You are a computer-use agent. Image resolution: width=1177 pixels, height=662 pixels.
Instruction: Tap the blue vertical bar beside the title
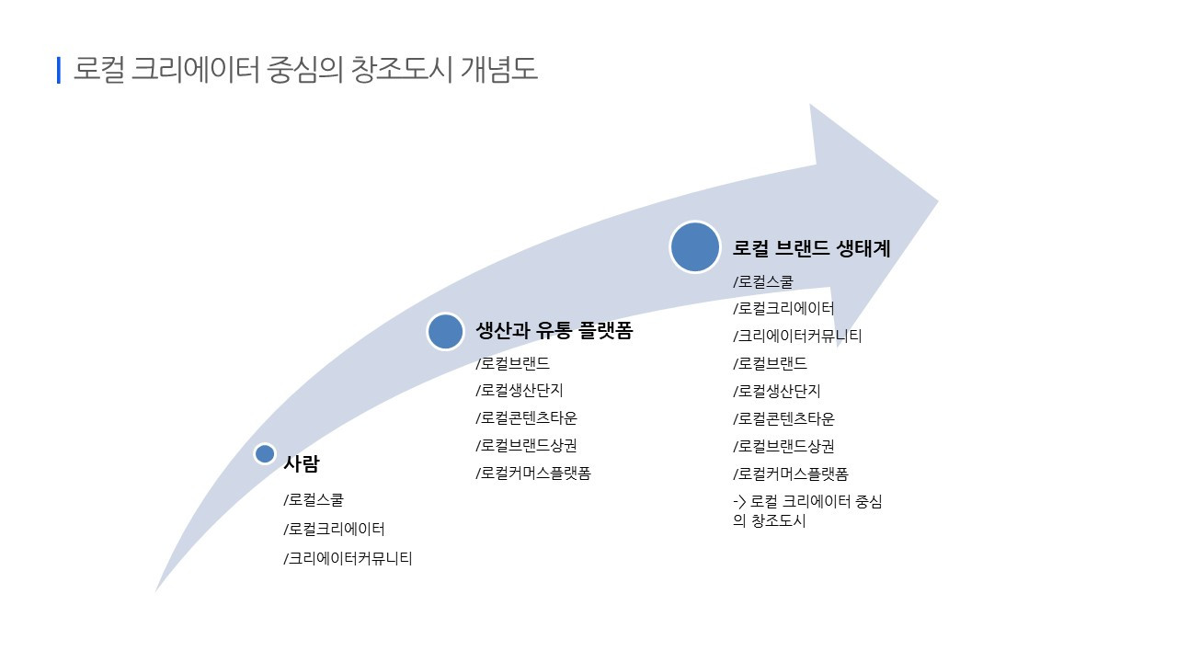click(59, 70)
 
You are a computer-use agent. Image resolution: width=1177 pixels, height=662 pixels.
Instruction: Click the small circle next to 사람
click(265, 453)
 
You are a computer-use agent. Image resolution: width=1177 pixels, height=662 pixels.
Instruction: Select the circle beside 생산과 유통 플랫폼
click(445, 331)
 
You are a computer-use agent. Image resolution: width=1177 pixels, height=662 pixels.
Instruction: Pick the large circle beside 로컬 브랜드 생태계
click(695, 247)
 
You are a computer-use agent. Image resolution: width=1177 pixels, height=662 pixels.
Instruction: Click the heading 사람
click(301, 464)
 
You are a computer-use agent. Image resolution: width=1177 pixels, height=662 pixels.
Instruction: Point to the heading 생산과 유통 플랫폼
click(554, 331)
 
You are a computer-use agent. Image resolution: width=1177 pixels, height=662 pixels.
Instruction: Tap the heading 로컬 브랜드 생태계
click(811, 248)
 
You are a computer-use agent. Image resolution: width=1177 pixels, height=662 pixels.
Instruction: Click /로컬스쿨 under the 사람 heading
click(314, 501)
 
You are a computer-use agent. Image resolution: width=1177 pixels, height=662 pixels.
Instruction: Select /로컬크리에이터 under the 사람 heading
click(334, 530)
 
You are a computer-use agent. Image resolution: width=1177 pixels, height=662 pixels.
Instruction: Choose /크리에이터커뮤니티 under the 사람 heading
click(348, 558)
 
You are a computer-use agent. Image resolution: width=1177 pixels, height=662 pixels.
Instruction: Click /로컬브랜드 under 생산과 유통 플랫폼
click(512, 363)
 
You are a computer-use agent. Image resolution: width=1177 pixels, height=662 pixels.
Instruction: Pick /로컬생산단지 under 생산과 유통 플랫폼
click(520, 391)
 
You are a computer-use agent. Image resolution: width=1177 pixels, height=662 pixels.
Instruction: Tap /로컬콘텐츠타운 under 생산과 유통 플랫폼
click(526, 418)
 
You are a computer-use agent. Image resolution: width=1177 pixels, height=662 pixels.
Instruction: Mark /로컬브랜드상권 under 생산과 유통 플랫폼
click(526, 446)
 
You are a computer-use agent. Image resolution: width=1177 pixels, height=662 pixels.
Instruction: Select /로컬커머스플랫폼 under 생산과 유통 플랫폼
click(532, 474)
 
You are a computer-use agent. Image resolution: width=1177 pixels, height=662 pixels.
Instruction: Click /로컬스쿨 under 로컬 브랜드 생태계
click(762, 281)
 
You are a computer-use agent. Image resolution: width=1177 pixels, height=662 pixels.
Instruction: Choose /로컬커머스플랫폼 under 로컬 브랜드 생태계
click(790, 474)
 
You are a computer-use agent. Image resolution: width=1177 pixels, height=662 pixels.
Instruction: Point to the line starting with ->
click(806, 502)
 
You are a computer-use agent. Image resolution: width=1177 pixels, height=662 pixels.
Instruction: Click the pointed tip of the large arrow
click(936, 201)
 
